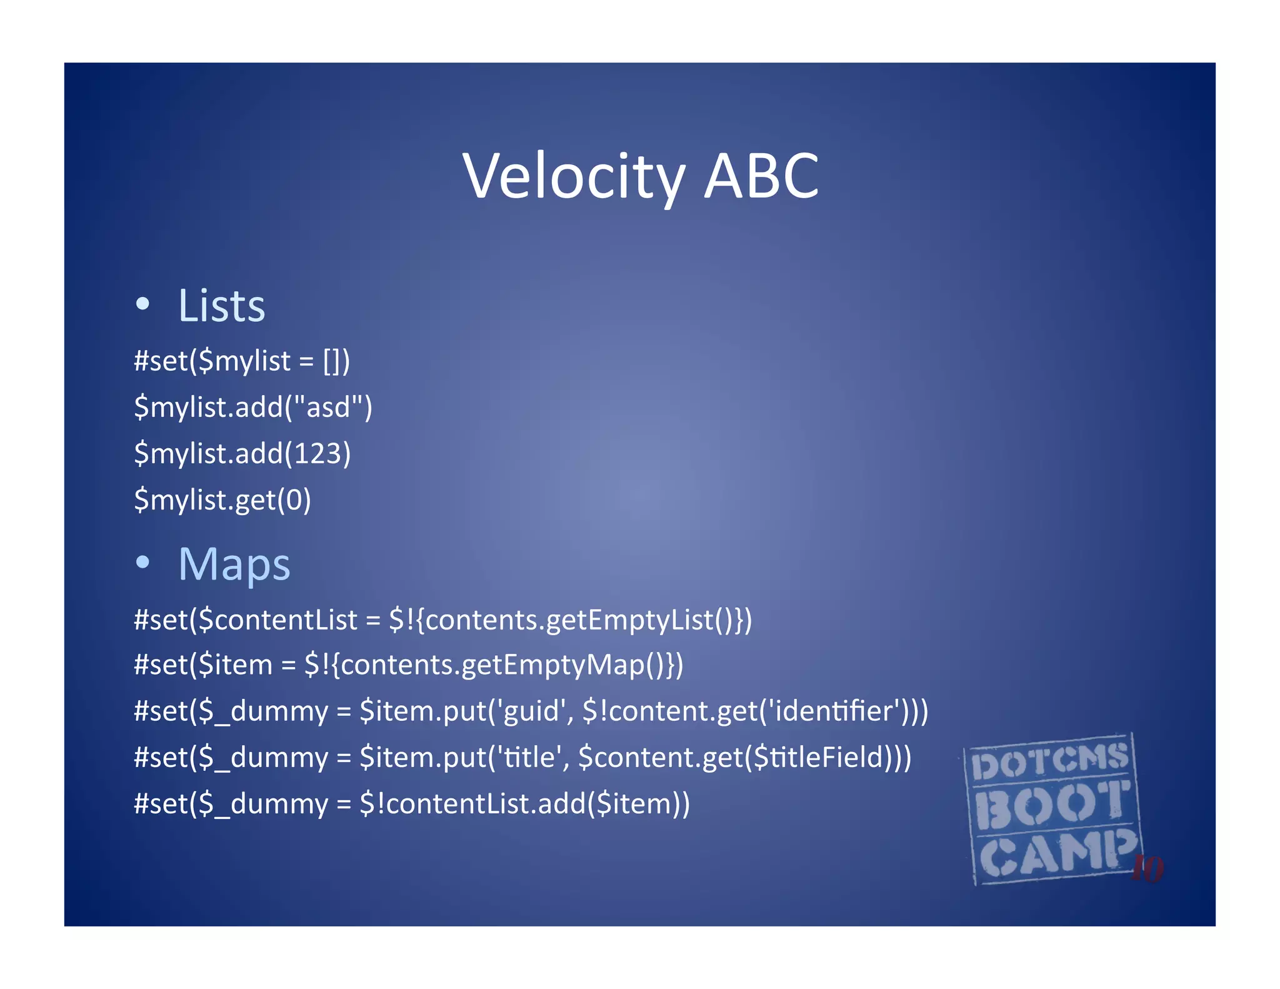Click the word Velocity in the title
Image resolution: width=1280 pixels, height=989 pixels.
pyautogui.click(x=574, y=177)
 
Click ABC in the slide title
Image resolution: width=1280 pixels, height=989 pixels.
pyautogui.click(x=761, y=177)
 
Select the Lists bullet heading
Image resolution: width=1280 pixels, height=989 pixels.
pyautogui.click(x=221, y=306)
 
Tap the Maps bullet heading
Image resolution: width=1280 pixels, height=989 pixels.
pyautogui.click(x=234, y=565)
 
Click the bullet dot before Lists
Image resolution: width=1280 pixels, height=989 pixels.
pyautogui.click(x=143, y=304)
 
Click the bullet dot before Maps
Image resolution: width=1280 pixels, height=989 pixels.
pyautogui.click(x=143, y=562)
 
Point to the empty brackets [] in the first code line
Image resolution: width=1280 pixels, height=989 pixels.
pyautogui.click(x=332, y=361)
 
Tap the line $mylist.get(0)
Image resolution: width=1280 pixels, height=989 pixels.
pyautogui.click(x=222, y=500)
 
